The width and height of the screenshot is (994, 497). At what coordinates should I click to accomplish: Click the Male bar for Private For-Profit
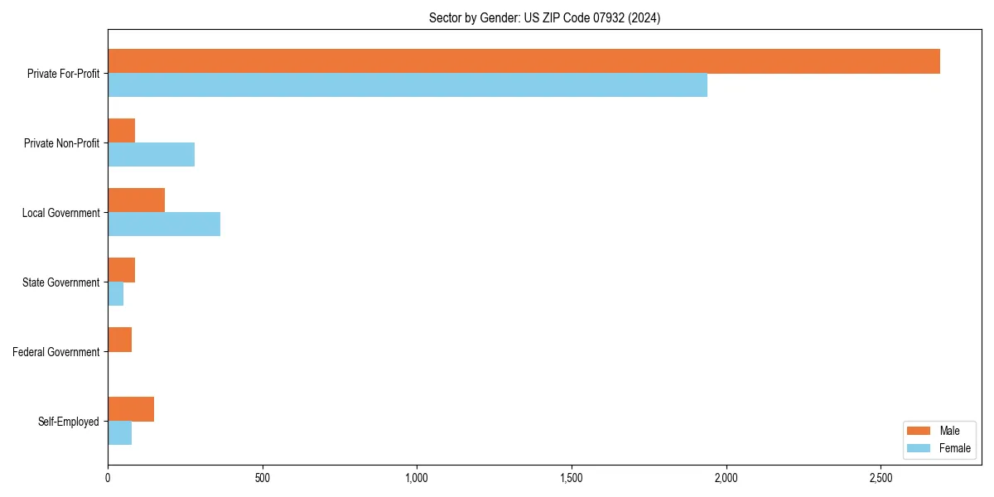point(524,61)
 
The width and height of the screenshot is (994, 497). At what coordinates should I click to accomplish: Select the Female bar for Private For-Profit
point(408,85)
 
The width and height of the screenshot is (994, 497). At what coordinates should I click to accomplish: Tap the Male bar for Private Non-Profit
point(121,131)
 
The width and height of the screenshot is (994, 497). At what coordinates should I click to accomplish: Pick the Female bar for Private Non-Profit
point(151,155)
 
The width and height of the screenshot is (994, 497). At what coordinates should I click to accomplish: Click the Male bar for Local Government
point(136,200)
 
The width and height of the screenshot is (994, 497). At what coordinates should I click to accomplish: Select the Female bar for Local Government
point(164,224)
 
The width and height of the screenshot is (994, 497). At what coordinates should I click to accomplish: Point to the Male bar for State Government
point(121,270)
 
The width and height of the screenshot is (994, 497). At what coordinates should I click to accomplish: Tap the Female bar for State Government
point(115,294)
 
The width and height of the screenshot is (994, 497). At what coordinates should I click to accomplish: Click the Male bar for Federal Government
point(119,340)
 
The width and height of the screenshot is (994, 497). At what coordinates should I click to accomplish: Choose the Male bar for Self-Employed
point(131,409)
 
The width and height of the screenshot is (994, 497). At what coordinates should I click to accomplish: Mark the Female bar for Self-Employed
point(119,433)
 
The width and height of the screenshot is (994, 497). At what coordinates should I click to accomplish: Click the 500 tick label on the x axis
point(263,478)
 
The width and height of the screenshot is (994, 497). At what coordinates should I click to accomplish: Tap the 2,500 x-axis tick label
point(881,478)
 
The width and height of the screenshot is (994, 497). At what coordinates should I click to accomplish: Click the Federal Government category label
point(55,352)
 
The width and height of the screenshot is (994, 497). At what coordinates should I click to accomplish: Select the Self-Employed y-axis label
point(68,422)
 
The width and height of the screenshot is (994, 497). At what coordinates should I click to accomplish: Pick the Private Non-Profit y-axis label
point(61,143)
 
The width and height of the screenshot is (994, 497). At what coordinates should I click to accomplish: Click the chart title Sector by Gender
point(544,17)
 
